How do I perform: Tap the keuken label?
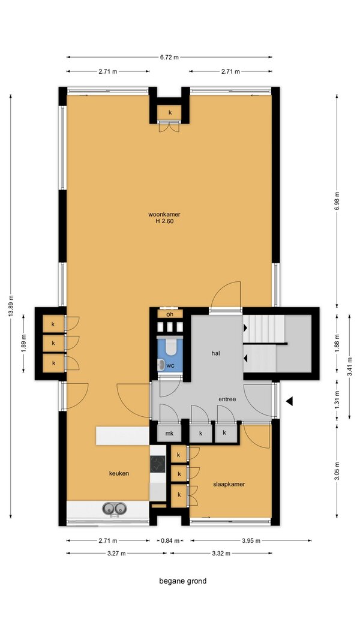[119, 473]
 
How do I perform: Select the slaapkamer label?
[229, 484]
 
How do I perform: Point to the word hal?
[216, 353]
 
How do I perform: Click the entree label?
[227, 399]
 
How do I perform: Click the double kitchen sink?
[114, 508]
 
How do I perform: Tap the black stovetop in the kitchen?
[158, 464]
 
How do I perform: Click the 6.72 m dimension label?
[169, 57]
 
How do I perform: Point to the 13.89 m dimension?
[11, 306]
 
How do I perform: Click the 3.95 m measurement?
[251, 541]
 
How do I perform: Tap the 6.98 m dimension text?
[337, 201]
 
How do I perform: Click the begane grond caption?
[183, 581]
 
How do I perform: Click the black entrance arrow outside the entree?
[289, 401]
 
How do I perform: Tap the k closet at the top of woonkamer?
[170, 112]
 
